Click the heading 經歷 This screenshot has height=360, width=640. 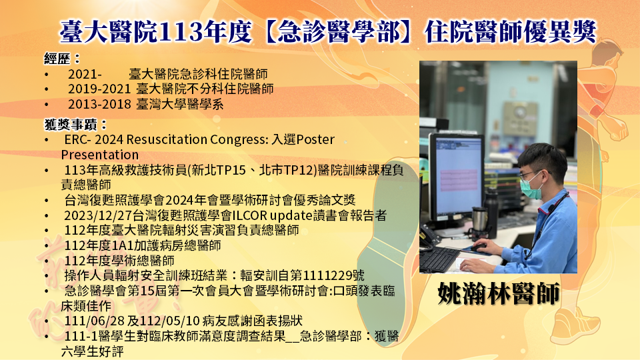[x=57, y=59]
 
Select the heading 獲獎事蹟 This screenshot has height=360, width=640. [x=69, y=125]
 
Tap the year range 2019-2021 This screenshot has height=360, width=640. [x=99, y=89]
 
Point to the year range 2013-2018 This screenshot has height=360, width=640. [x=99, y=105]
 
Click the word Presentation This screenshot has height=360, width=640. [x=100, y=155]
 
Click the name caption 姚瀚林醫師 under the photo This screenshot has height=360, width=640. [x=499, y=293]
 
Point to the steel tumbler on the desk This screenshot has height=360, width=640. [x=479, y=221]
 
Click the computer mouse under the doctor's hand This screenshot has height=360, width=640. [x=479, y=247]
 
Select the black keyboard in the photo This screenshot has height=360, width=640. [x=439, y=259]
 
